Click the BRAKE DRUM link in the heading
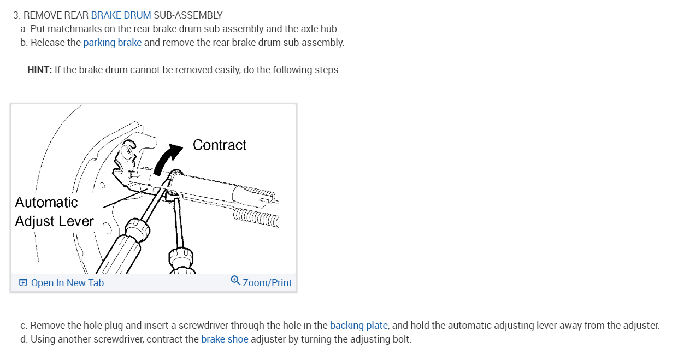[x=121, y=15]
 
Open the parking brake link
[x=112, y=43]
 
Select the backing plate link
[x=358, y=326]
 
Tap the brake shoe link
[x=225, y=339]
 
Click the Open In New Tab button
[x=67, y=283]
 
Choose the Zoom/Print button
[x=267, y=283]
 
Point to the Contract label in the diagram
[x=220, y=145]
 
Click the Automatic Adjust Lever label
[x=54, y=212]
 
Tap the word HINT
[x=39, y=70]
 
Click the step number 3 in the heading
[x=16, y=15]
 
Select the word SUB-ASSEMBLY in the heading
[x=188, y=15]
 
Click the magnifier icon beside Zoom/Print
[x=235, y=281]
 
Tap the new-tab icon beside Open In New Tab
[x=23, y=283]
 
